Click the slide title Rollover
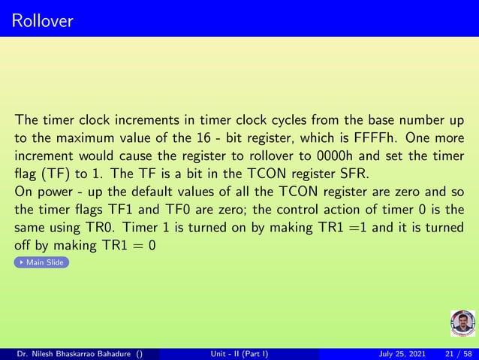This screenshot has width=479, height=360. click(43, 20)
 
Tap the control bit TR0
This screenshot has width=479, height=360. click(102, 228)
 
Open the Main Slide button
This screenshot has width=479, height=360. click(43, 262)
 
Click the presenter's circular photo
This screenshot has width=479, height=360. click(462, 323)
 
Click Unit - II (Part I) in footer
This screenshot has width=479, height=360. click(239, 353)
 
